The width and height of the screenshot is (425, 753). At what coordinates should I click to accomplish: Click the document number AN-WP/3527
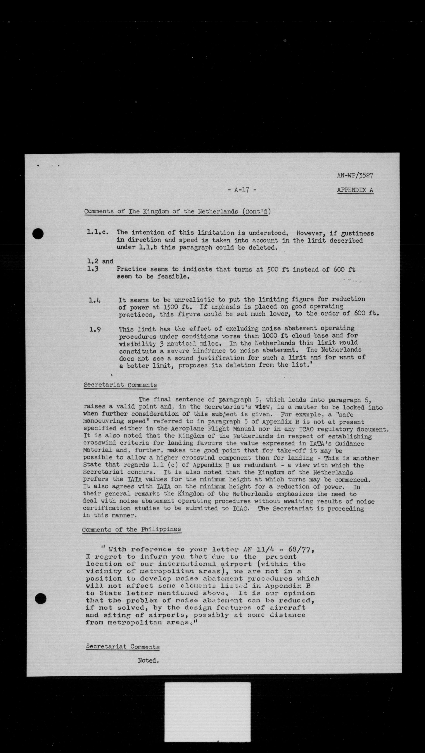click(355, 175)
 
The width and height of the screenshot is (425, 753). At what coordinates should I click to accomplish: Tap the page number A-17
click(242, 190)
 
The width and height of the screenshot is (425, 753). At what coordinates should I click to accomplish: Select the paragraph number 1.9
click(95, 329)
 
